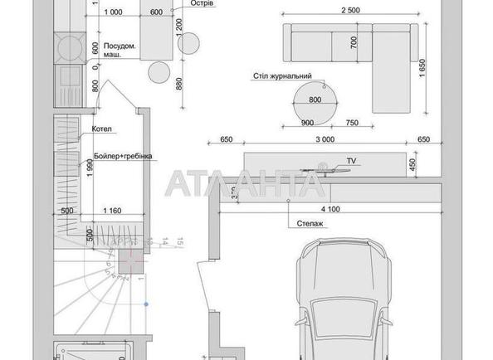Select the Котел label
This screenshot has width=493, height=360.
104,130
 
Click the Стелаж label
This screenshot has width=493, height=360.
308,224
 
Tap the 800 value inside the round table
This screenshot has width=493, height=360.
315,100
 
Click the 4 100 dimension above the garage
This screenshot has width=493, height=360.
330,210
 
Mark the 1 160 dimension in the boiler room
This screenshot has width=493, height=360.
113,211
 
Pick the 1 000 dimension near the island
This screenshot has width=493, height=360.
115,12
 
